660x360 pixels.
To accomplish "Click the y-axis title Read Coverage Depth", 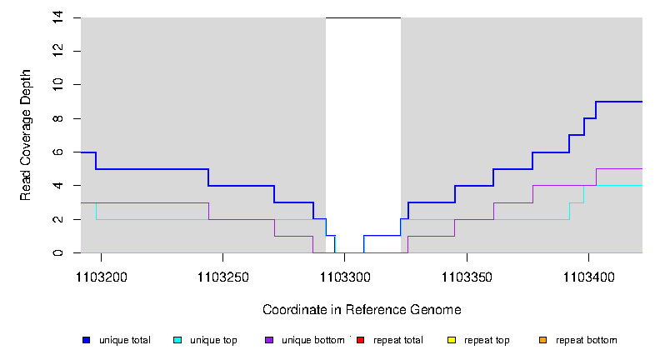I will click(x=27, y=135).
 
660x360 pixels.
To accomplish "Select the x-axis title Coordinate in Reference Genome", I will click(x=362, y=309).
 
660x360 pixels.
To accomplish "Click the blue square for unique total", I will click(x=86, y=340).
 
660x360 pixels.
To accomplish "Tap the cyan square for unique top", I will click(x=177, y=340).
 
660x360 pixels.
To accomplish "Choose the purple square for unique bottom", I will click(x=268, y=340).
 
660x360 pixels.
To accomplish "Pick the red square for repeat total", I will click(x=360, y=340).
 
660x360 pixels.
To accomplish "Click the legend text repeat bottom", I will click(x=587, y=340).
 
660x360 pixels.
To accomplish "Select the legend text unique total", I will click(x=125, y=340).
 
